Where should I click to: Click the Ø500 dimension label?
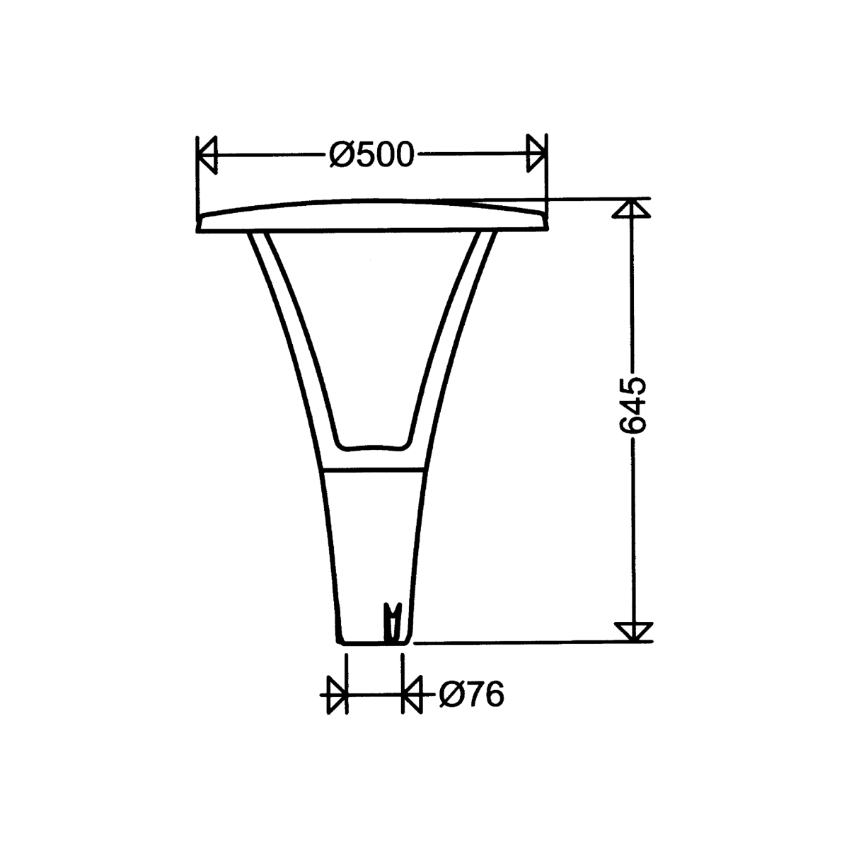(x=371, y=154)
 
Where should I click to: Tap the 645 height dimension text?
(x=632, y=405)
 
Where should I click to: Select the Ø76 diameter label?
(x=470, y=694)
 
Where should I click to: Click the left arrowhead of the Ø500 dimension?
(x=207, y=154)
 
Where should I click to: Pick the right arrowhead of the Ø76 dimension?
(x=411, y=695)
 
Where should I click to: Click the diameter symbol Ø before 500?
(x=341, y=154)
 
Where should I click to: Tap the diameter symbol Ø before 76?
(x=451, y=694)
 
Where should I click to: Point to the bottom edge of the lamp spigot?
(x=374, y=643)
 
